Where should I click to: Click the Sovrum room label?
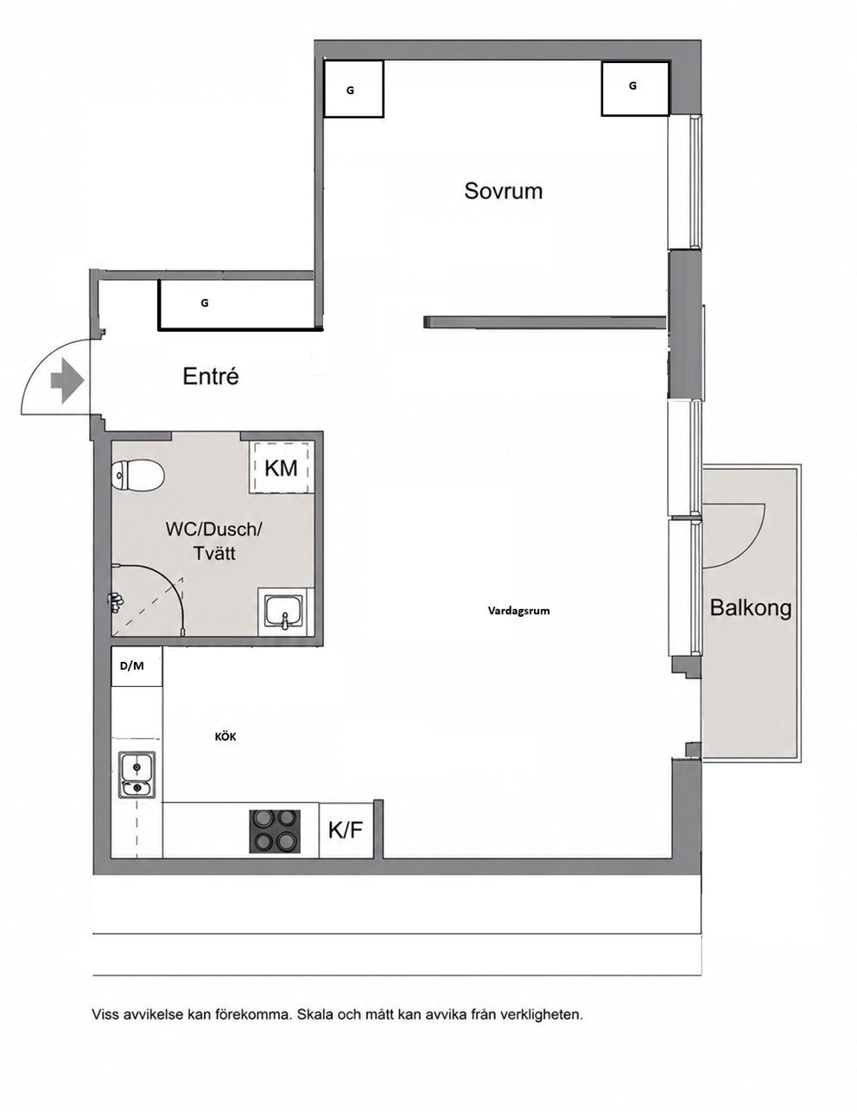pos(503,191)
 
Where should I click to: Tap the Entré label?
pos(210,376)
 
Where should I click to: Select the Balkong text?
pos(750,608)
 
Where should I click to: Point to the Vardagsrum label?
pos(518,611)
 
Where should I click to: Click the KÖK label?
pos(225,736)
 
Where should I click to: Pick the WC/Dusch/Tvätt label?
pos(214,541)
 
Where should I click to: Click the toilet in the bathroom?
pos(137,476)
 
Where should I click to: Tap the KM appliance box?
pos(281,467)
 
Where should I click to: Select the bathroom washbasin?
pos(284,613)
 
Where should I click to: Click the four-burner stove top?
pos(274,831)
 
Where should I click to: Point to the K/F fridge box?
pos(346,830)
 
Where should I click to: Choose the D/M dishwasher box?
pos(136,666)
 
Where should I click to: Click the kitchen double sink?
pos(136,774)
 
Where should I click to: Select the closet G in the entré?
pos(237,304)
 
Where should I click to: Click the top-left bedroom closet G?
pos(353,89)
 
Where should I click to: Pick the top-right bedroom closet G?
pos(635,88)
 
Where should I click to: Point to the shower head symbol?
pos(115,603)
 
